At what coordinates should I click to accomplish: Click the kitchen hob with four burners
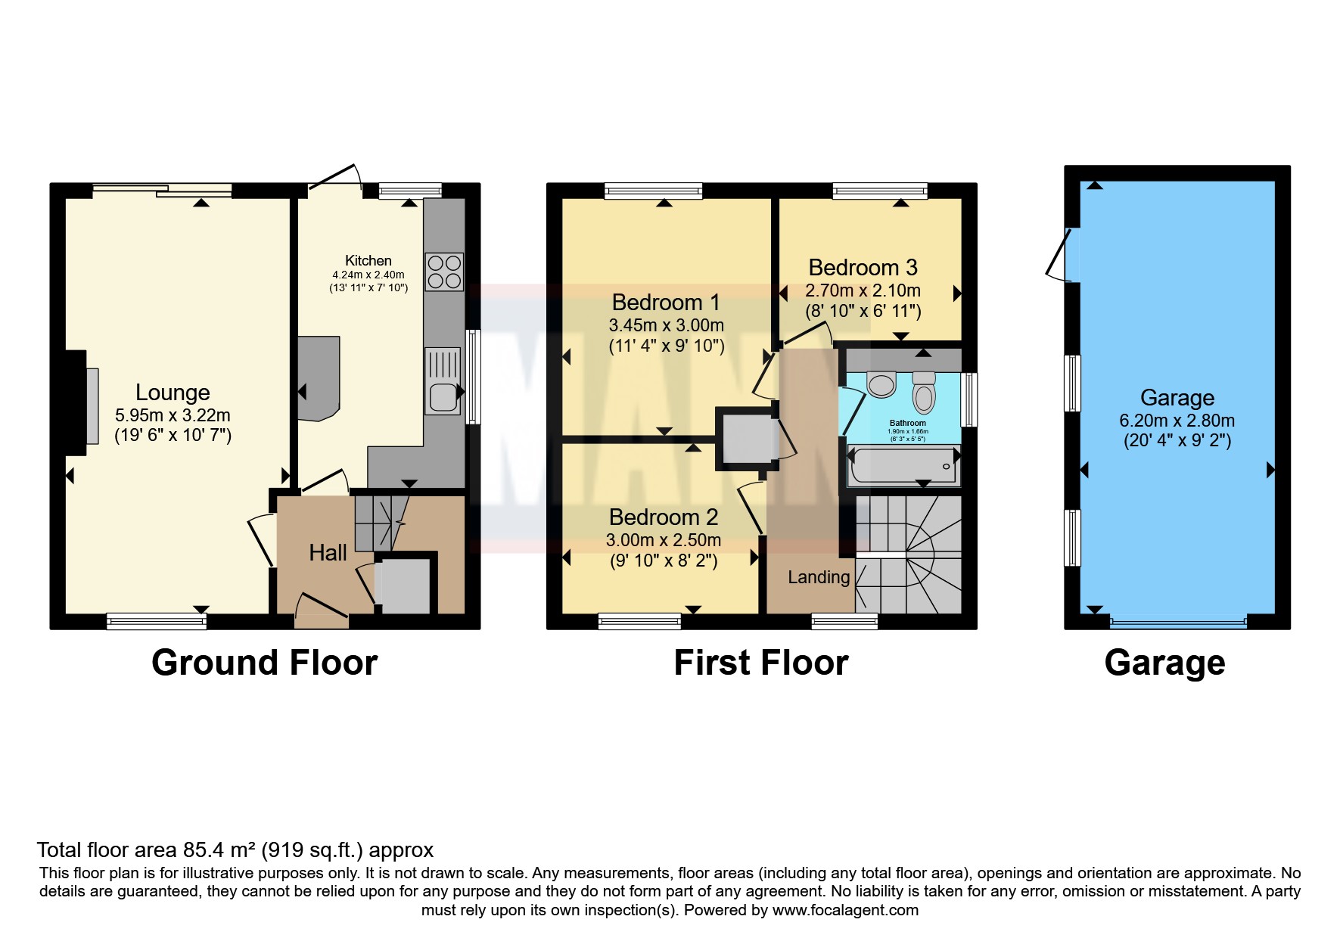coord(444,272)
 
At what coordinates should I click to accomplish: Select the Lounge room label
coord(173,393)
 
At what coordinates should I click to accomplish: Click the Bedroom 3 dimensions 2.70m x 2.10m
coord(863,290)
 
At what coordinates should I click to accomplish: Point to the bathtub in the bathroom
coord(903,466)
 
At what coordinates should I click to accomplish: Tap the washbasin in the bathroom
coord(881,384)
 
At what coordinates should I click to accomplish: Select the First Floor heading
coord(760,663)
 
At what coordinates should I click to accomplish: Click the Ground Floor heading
coord(264,663)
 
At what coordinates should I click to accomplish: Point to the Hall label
coord(328,553)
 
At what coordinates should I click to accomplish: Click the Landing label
coord(819,577)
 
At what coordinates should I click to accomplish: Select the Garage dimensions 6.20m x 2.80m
coord(1177,421)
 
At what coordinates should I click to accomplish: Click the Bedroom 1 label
coord(666,303)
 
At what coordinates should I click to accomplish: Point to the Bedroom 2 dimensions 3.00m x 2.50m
coord(663,540)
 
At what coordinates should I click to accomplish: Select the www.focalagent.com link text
coord(845,910)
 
